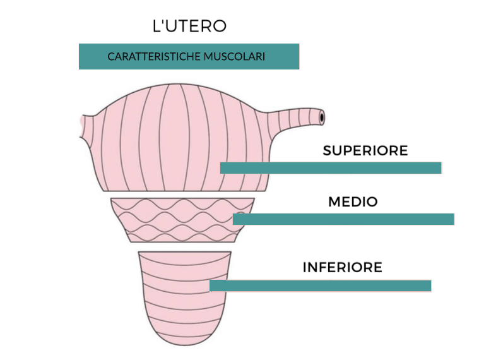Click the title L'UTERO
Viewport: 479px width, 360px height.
(x=189, y=26)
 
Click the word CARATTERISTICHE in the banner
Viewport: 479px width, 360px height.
(x=154, y=57)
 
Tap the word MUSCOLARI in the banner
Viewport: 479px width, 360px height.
(x=234, y=57)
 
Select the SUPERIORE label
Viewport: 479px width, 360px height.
(x=365, y=150)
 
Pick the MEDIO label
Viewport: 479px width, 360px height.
(x=353, y=201)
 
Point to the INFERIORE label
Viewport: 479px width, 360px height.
(x=343, y=267)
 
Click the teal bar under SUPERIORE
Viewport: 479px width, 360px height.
(x=331, y=168)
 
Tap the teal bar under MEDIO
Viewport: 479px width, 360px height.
(x=343, y=219)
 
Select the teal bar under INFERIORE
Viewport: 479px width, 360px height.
(x=321, y=285)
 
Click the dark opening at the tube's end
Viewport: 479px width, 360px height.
(x=322, y=117)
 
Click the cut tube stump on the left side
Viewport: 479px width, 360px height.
(x=87, y=126)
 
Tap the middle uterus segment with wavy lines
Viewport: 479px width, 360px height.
(x=182, y=220)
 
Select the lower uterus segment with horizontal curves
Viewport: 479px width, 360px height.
(x=185, y=296)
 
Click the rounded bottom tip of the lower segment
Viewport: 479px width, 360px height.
(x=185, y=345)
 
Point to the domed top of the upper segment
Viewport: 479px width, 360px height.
(x=180, y=84)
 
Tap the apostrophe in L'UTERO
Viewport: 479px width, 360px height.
(x=163, y=22)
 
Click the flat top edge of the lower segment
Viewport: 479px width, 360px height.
(x=185, y=252)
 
